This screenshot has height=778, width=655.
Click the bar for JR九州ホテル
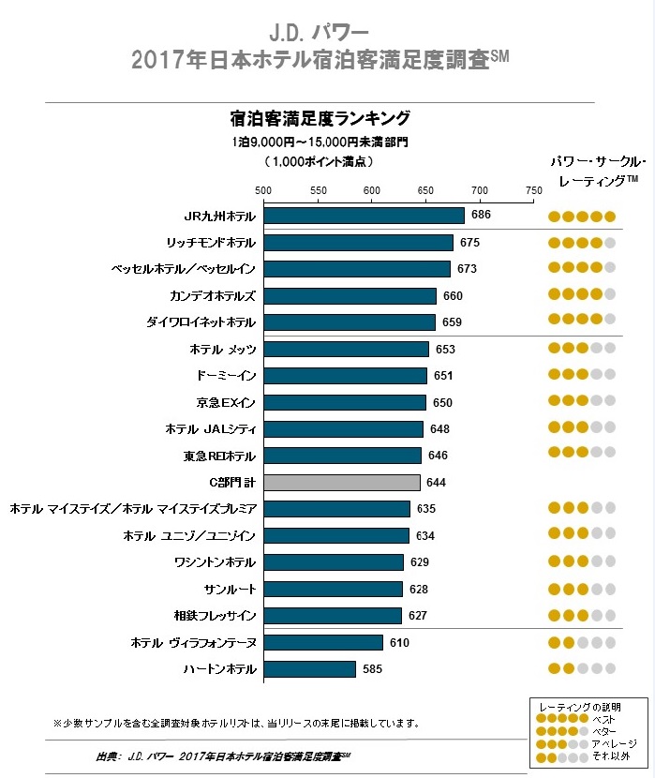pyautogui.click(x=364, y=216)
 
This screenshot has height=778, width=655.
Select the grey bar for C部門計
pyautogui.click(x=342, y=483)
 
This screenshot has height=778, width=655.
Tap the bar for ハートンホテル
pyautogui.click(x=310, y=669)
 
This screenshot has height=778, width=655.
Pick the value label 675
pyautogui.click(x=469, y=243)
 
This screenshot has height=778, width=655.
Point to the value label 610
pyautogui.click(x=399, y=643)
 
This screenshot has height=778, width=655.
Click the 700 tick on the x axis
pyautogui.click(x=480, y=190)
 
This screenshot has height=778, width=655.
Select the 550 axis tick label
pyautogui.click(x=319, y=190)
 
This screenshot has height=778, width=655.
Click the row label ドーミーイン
pyautogui.click(x=226, y=376)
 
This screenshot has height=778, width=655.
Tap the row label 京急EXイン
pyautogui.click(x=226, y=402)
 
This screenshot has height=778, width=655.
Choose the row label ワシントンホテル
pyautogui.click(x=215, y=562)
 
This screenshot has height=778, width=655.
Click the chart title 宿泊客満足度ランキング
pyautogui.click(x=320, y=119)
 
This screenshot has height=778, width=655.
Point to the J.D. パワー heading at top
pyautogui.click(x=319, y=33)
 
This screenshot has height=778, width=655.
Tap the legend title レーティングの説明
pyautogui.click(x=580, y=707)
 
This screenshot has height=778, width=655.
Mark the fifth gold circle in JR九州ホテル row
pyautogui.click(x=610, y=217)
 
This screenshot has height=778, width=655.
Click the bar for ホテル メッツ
pyautogui.click(x=346, y=349)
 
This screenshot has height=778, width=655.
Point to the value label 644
pyautogui.click(x=436, y=483)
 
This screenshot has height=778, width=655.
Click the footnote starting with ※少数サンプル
pyautogui.click(x=236, y=724)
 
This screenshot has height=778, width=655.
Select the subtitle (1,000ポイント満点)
pyautogui.click(x=319, y=162)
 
